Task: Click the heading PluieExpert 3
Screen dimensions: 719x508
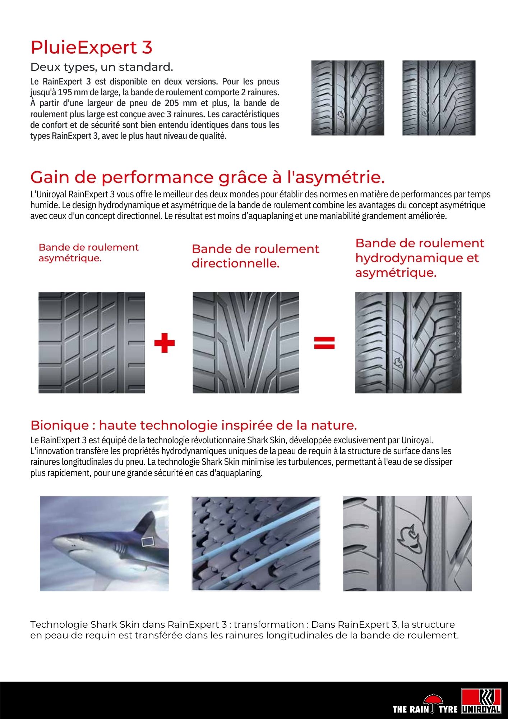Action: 92,47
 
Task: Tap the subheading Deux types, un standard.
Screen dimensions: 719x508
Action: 102,67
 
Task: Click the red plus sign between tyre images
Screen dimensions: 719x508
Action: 164,343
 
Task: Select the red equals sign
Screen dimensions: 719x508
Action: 324,343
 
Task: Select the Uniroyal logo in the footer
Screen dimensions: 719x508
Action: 481,701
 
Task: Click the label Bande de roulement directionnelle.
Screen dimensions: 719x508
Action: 255,256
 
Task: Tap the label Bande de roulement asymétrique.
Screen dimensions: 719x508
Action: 88,253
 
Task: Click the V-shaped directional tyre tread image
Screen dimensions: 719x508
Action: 246,343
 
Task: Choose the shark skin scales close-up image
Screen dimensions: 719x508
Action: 256,544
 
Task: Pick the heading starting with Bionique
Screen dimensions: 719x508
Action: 194,425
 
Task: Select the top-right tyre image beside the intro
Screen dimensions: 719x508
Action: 439,98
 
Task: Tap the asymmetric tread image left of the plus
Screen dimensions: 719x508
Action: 92,343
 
